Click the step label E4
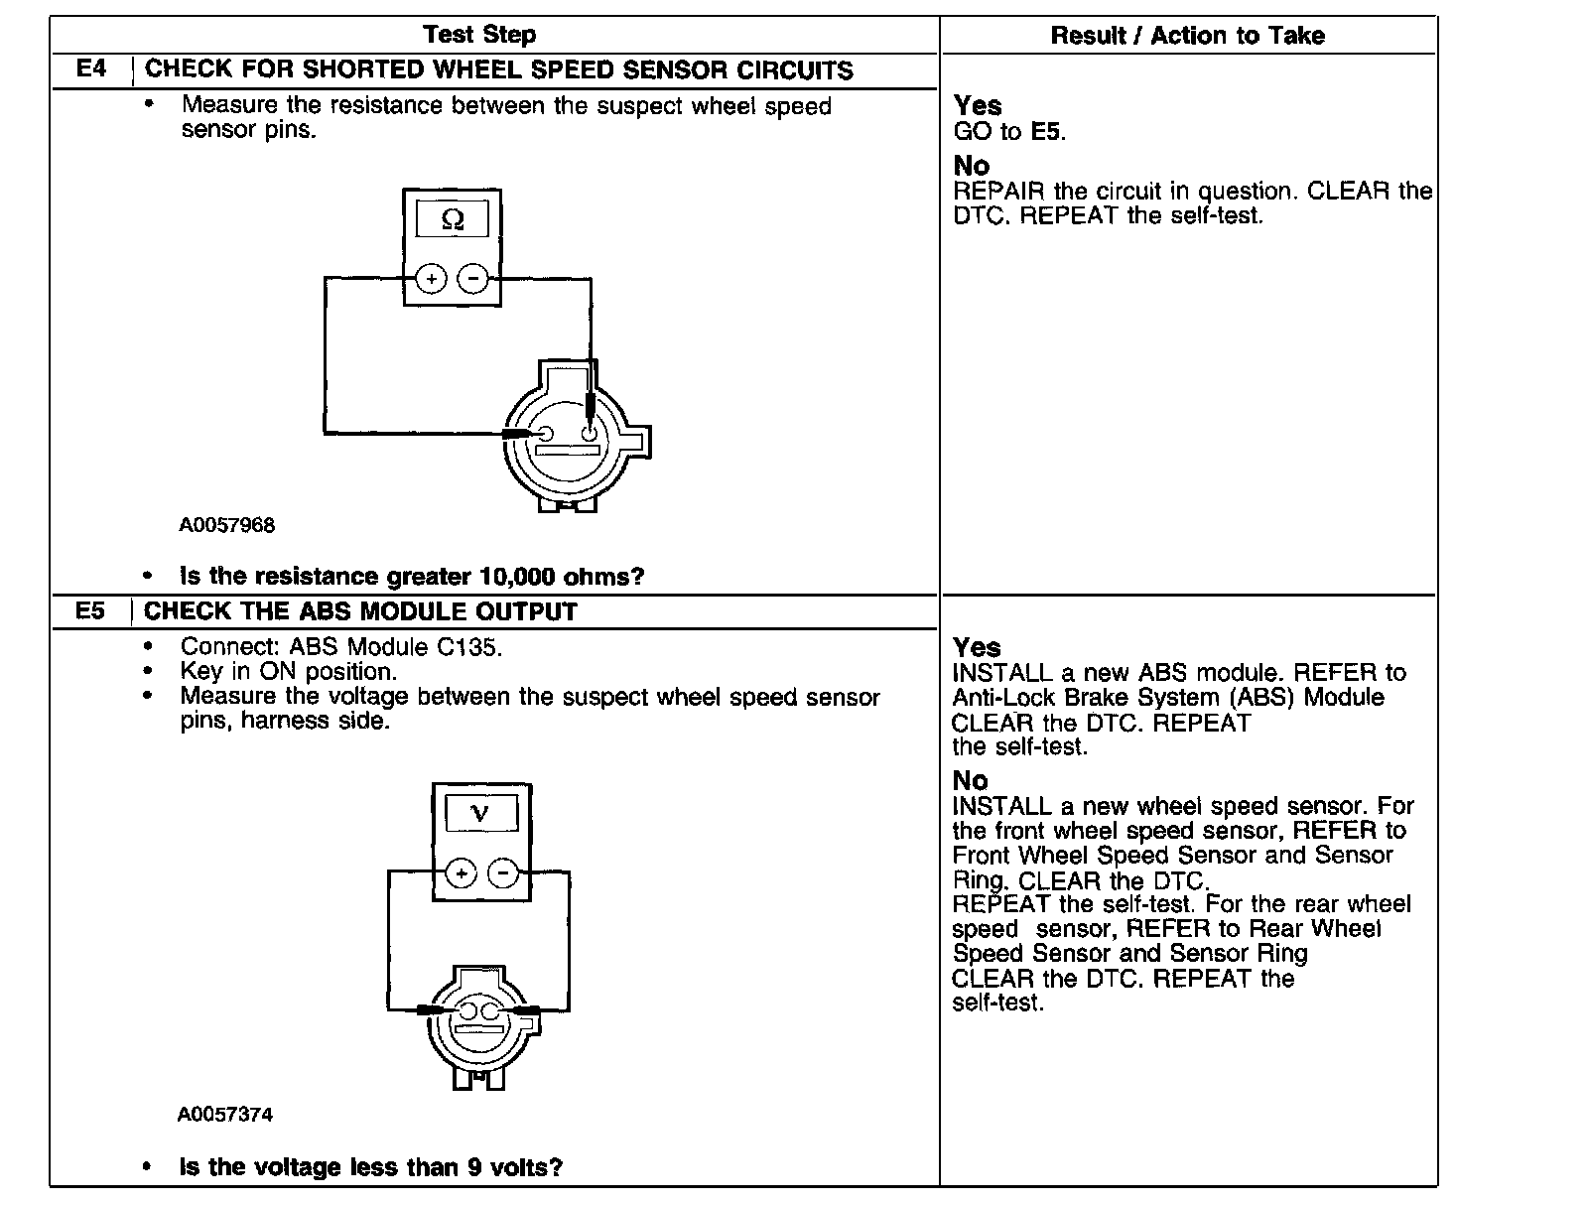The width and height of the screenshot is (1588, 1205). click(x=91, y=69)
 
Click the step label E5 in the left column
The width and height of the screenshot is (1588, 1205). click(x=90, y=610)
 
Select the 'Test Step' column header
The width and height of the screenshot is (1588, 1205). click(x=479, y=35)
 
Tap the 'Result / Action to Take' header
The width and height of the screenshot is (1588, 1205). click(x=1187, y=36)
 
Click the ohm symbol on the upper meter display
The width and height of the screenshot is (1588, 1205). click(x=452, y=219)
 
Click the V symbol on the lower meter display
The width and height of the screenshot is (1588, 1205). click(x=480, y=814)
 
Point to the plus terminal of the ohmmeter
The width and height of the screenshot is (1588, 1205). click(x=431, y=280)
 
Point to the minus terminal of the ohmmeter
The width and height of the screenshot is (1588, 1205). click(x=473, y=280)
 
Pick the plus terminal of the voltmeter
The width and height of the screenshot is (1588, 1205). click(x=462, y=874)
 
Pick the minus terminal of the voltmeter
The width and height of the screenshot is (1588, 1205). click(x=504, y=874)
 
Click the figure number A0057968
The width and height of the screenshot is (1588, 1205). click(x=226, y=525)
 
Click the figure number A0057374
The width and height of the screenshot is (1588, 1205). click(x=225, y=1114)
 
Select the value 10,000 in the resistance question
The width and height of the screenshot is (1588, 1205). click(x=517, y=577)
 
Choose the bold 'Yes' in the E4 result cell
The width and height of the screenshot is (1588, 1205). click(x=978, y=105)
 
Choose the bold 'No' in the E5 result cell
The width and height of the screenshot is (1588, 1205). click(x=971, y=780)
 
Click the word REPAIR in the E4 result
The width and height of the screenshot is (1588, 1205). click(x=998, y=191)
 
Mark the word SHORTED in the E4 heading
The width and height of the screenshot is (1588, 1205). click(x=357, y=70)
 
